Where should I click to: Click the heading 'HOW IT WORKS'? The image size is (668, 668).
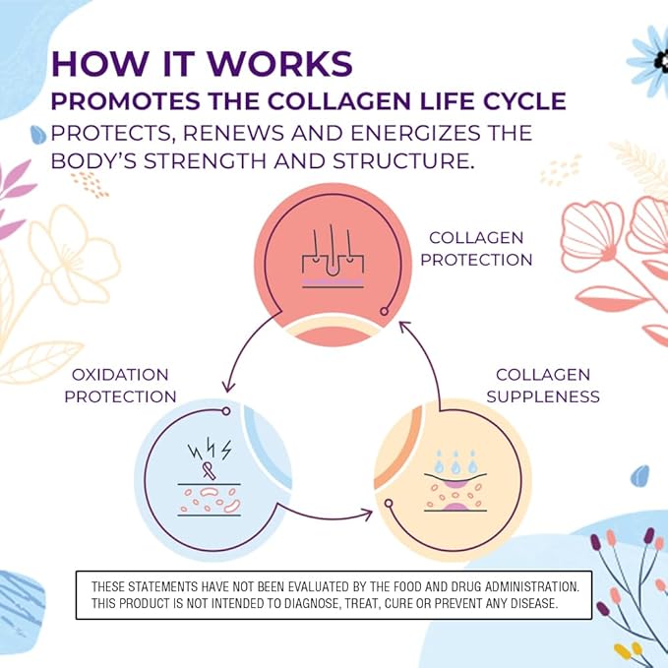(202, 63)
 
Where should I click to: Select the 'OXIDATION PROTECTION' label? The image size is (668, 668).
(119, 386)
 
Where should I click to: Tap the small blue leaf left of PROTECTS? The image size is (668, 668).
(39, 134)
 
